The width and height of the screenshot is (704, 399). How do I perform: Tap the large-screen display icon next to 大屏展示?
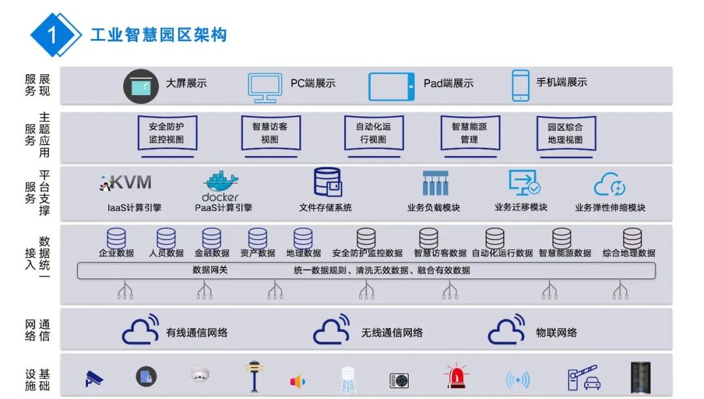[141, 85]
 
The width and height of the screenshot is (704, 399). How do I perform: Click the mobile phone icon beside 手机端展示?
[520, 85]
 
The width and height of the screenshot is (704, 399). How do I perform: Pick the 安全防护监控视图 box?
[167, 135]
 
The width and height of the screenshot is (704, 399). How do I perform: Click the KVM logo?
[126, 182]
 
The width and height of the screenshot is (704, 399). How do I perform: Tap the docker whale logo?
[221, 186]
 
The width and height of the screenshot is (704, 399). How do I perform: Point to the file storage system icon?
[327, 182]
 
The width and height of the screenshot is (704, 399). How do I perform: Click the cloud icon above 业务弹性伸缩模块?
[609, 185]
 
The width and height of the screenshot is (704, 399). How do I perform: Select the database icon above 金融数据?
[211, 238]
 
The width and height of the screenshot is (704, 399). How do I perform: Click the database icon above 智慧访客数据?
[428, 238]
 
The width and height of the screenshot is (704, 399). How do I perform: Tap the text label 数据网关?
[210, 269]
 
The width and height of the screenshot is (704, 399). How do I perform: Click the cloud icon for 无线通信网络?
[334, 331]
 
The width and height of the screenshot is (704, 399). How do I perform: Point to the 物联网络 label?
[556, 333]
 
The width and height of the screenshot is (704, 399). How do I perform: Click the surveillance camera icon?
[94, 378]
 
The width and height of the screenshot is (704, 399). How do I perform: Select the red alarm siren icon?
[455, 377]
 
